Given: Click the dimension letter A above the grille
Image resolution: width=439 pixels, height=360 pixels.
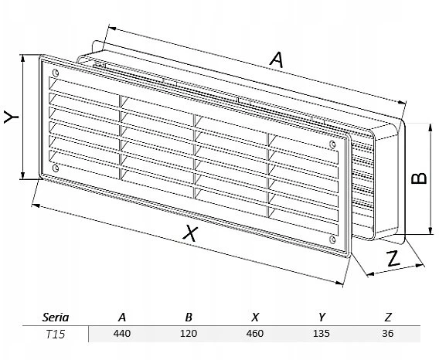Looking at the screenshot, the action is pyautogui.click(x=277, y=60).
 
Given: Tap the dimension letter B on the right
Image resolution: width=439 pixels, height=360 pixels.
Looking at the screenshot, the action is pyautogui.click(x=419, y=178).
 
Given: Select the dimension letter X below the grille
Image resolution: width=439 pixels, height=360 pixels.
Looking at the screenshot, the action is pyautogui.click(x=190, y=234).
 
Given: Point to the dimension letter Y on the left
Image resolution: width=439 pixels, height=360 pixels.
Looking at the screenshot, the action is pyautogui.click(x=11, y=117).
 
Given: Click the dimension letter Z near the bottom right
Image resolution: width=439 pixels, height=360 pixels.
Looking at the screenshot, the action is pyautogui.click(x=393, y=258).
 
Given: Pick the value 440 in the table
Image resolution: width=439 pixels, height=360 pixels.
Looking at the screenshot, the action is pyautogui.click(x=122, y=334).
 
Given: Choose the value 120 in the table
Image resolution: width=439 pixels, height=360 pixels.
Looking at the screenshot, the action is pyautogui.click(x=189, y=334).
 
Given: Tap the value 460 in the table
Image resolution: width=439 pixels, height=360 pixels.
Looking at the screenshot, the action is pyautogui.click(x=255, y=334).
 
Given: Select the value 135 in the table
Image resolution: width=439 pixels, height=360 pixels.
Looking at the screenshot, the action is pyautogui.click(x=322, y=334).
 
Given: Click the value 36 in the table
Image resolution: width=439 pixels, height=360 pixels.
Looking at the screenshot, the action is pyautogui.click(x=388, y=334).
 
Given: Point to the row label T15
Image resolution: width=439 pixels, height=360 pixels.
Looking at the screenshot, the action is pyautogui.click(x=56, y=334).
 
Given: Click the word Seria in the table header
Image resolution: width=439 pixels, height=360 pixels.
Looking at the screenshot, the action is pyautogui.click(x=56, y=318).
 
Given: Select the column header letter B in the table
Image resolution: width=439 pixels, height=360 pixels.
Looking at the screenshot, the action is pyautogui.click(x=189, y=318).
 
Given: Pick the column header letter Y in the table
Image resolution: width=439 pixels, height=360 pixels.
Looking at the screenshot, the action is pyautogui.click(x=322, y=318).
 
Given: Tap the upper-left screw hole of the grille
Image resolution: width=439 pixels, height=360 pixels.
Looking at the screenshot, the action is pyautogui.click(x=56, y=73).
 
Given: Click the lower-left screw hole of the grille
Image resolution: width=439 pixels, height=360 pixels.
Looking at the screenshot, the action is pyautogui.click(x=56, y=168).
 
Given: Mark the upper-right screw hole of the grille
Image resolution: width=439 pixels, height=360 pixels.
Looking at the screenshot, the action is pyautogui.click(x=332, y=144).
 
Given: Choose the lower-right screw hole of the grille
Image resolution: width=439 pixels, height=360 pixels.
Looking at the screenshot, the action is pyautogui.click(x=332, y=239).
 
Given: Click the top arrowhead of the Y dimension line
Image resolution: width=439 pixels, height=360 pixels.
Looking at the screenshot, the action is pyautogui.click(x=23, y=58).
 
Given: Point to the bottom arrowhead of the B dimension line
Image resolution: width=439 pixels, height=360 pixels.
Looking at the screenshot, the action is pyautogui.click(x=430, y=231).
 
